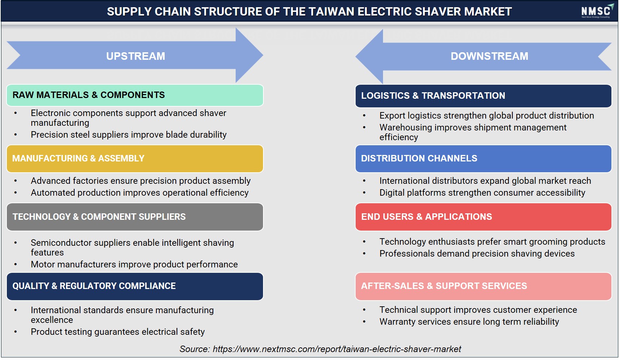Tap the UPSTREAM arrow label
(135, 56)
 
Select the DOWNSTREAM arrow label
(489, 56)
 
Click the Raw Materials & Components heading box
(135, 95)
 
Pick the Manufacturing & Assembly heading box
(135, 159)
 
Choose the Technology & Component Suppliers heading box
(135, 217)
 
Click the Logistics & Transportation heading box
(483, 96)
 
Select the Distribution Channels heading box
(483, 159)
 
